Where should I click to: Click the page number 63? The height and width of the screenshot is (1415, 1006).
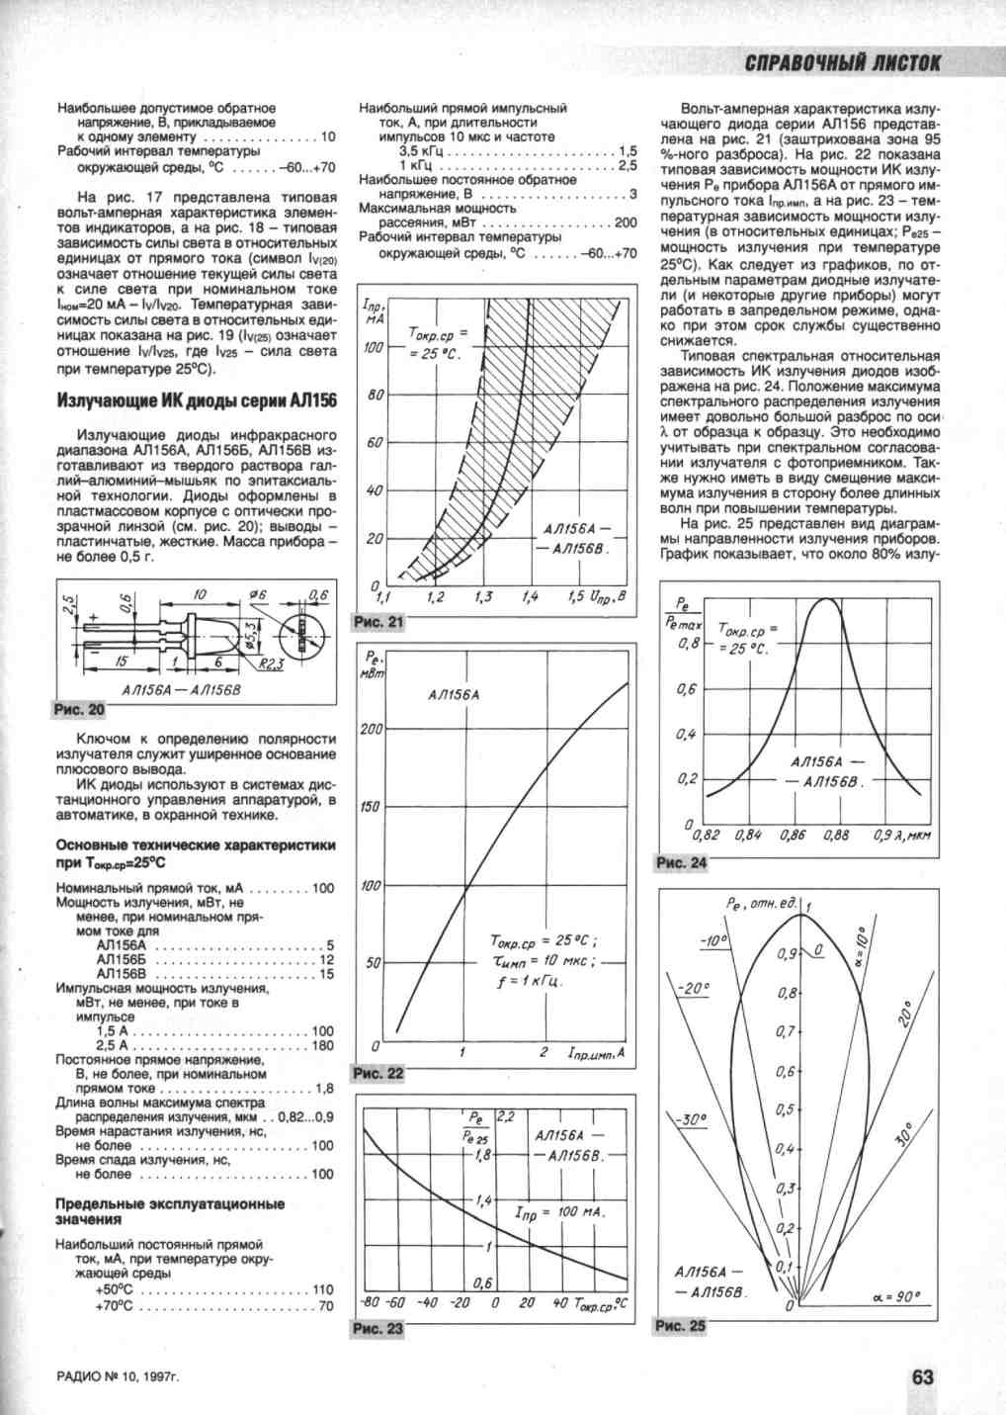pyautogui.click(x=923, y=1378)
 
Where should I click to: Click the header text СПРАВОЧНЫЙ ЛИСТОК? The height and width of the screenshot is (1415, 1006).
pyautogui.click(x=843, y=63)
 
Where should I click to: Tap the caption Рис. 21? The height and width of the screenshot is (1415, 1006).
pyautogui.click(x=377, y=622)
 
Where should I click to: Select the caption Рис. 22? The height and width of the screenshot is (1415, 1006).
pyautogui.click(x=377, y=1074)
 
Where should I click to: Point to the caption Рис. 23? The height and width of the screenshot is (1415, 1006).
pyautogui.click(x=377, y=1328)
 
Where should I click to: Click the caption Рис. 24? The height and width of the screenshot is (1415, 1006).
pyautogui.click(x=682, y=863)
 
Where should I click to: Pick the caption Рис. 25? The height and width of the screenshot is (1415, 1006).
pyautogui.click(x=682, y=1325)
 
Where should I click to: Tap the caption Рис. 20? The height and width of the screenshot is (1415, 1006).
pyautogui.click(x=78, y=710)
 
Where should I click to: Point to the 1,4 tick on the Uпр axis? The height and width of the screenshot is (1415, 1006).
pyautogui.click(x=530, y=598)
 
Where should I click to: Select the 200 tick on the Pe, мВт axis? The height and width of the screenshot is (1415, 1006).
pyautogui.click(x=371, y=729)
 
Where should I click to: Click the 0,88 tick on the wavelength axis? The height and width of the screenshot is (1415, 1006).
pyautogui.click(x=836, y=836)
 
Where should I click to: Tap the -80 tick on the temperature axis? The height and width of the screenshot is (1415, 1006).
pyautogui.click(x=371, y=1302)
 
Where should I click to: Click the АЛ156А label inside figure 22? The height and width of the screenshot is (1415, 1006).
pyautogui.click(x=454, y=695)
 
